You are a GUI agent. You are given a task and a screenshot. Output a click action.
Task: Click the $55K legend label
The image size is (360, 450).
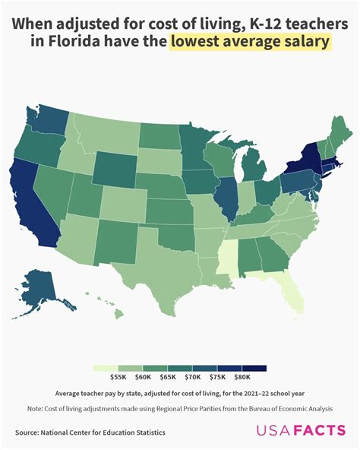coord(118,377)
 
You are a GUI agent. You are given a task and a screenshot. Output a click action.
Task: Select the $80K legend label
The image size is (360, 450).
coord(242,377)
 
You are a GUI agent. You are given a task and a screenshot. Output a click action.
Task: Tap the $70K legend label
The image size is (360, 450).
coord(193,377)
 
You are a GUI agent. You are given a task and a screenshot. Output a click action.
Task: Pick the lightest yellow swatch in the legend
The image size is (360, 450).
coord(106,368)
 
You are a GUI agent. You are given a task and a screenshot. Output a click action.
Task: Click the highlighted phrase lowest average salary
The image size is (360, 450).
coord(251,43)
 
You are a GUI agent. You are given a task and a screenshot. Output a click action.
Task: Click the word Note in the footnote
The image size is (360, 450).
coord(34,408)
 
